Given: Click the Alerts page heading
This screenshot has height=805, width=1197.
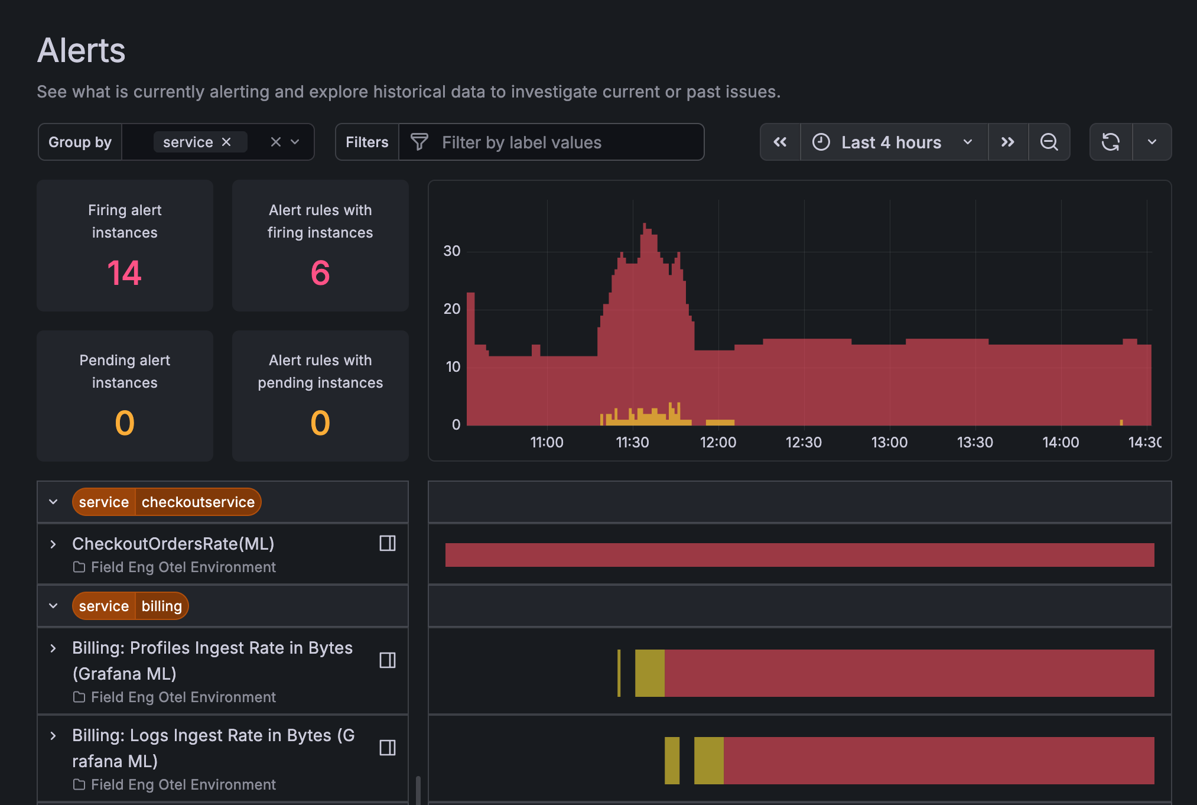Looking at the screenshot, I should click(81, 50).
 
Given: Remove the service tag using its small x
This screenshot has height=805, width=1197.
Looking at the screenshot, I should click(226, 142).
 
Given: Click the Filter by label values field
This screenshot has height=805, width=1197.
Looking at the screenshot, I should click(549, 142).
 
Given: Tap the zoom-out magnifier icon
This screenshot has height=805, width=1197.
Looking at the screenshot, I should click(1049, 142).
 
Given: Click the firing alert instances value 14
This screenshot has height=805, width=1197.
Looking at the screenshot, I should click(124, 273).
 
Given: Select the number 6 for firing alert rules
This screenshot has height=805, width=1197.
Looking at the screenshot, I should click(320, 273).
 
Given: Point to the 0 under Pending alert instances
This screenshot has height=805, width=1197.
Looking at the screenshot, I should click(125, 423).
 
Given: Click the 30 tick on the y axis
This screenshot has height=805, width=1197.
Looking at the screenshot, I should click(452, 251).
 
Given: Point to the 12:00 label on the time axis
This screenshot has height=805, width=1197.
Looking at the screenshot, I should click(718, 443).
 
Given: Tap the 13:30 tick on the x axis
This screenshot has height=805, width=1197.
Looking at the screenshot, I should click(975, 443).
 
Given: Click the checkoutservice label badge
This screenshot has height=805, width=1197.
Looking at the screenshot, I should click(198, 502).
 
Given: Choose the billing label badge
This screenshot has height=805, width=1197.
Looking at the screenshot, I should click(161, 606).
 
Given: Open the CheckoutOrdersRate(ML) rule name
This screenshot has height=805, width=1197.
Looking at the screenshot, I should click(173, 544).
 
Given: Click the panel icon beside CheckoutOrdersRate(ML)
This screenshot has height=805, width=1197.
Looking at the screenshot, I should click(388, 544).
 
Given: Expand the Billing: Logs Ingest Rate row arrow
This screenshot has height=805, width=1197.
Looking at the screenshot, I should click(53, 736).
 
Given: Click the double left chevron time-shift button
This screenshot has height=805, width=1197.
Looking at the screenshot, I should click(780, 142).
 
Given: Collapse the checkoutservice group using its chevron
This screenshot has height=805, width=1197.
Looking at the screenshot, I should click(53, 502).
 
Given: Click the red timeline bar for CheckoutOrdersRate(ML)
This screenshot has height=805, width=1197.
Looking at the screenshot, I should click(799, 555).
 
